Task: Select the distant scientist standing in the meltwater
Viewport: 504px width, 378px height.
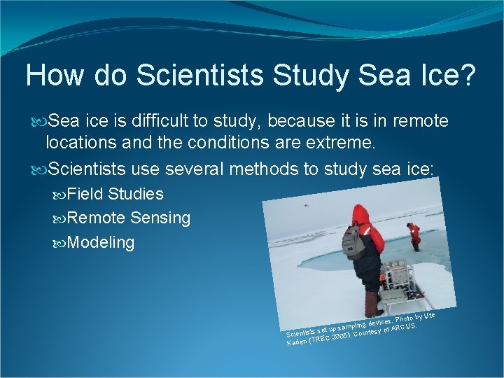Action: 414,236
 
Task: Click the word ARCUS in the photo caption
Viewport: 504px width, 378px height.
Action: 404,327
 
